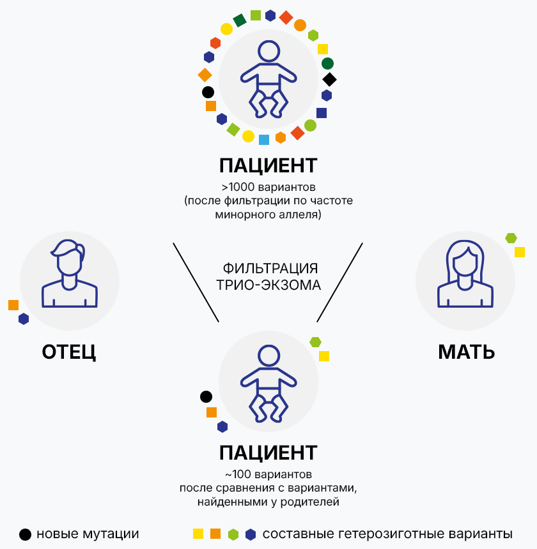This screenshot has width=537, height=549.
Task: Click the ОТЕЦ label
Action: point(68,352)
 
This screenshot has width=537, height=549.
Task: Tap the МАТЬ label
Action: point(466,352)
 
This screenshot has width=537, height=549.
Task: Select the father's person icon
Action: point(69,275)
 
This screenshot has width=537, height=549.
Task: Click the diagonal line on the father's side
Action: point(196,282)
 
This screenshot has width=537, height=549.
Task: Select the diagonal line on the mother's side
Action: point(340,282)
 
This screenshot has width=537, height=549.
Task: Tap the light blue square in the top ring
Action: point(264,139)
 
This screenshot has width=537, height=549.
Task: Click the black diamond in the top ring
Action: point(329,80)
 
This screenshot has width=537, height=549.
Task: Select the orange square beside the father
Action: point(13,305)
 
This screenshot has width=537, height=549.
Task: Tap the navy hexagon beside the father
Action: point(24,319)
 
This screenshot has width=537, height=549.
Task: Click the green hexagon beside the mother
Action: point(511,238)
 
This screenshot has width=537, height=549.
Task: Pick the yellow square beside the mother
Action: point(520,252)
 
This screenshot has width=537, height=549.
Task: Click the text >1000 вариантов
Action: point(268,188)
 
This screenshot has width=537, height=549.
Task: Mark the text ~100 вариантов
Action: point(268,475)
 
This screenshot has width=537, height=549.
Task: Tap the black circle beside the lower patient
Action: point(206,397)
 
